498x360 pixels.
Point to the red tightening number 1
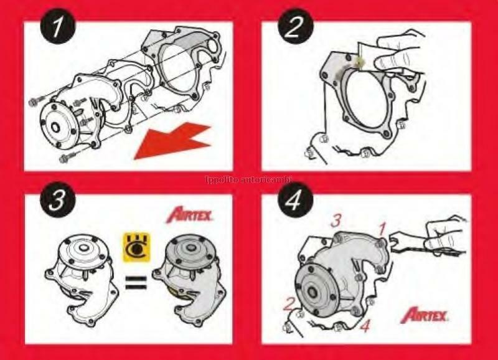(x=382, y=229)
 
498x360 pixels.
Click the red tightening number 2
(x=288, y=305)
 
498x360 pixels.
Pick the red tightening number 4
(x=365, y=324)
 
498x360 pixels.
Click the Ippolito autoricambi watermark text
(x=250, y=181)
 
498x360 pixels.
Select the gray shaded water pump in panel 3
(x=190, y=274)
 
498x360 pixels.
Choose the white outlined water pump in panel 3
(x=81, y=274)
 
